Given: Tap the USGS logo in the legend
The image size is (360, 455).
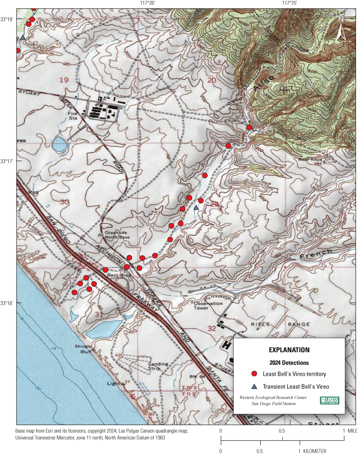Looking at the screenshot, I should (x=329, y=400).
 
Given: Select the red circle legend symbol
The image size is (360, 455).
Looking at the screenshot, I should (x=254, y=374).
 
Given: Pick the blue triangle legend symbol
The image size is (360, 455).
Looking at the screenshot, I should (x=254, y=386).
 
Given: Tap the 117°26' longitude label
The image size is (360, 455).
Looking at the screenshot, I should (x=148, y=3).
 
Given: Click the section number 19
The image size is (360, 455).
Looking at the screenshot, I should (x=64, y=80).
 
